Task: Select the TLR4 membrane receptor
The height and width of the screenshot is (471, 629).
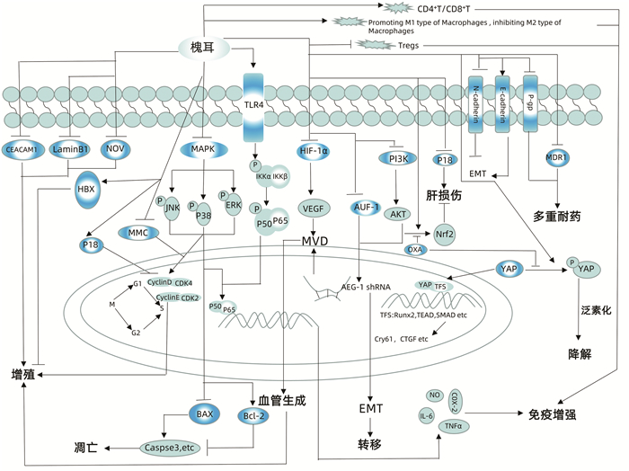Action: point(258,103)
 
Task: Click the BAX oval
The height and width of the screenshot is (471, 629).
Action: point(203,413)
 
